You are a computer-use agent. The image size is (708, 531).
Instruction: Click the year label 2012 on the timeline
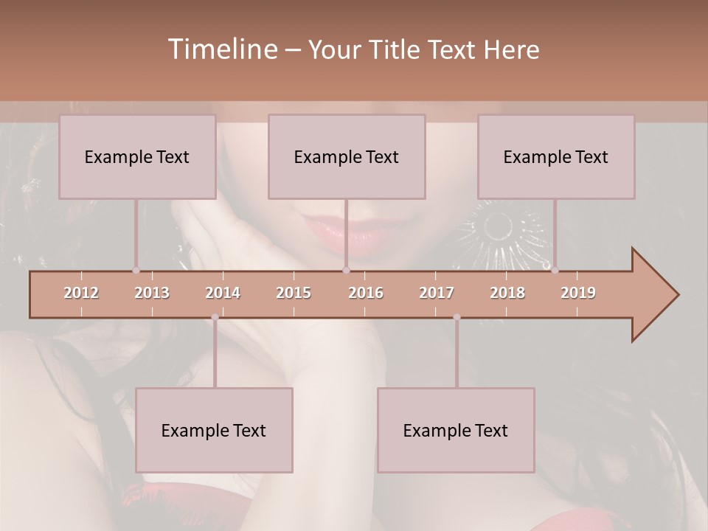pos(81,293)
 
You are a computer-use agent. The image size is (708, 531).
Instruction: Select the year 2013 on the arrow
pos(152,293)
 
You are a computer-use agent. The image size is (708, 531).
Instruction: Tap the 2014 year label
pos(223,293)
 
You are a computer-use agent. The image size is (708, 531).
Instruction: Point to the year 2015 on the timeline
pos(294,293)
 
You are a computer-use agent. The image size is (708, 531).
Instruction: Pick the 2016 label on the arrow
pos(366,293)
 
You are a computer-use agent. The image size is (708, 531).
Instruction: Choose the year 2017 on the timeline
pos(437,293)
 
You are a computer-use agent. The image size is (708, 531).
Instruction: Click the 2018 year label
pos(507,293)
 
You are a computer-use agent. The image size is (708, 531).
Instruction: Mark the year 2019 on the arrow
pos(578,293)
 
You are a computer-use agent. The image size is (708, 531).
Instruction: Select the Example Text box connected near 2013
pos(137,156)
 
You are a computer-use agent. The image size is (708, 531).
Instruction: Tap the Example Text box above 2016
pos(347,156)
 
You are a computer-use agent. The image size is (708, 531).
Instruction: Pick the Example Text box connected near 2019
pos(556,156)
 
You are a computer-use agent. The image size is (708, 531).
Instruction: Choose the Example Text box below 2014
pos(214,430)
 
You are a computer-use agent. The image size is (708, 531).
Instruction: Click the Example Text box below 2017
pos(456,430)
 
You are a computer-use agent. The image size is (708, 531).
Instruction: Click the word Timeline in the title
pos(222,49)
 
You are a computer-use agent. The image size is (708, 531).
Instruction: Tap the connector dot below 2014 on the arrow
pos(215,317)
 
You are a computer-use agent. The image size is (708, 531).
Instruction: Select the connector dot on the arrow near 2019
pos(555,270)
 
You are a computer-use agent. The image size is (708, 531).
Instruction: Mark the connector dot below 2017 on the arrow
pos(457,317)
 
